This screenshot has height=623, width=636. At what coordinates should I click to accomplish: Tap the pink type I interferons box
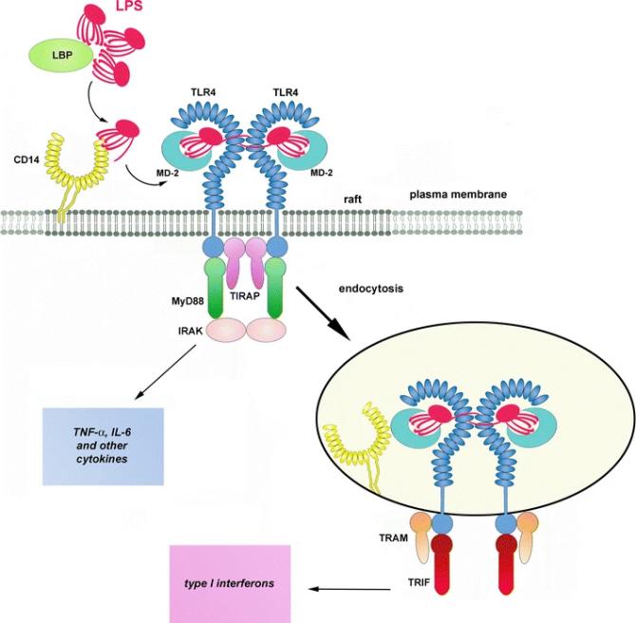232,582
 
